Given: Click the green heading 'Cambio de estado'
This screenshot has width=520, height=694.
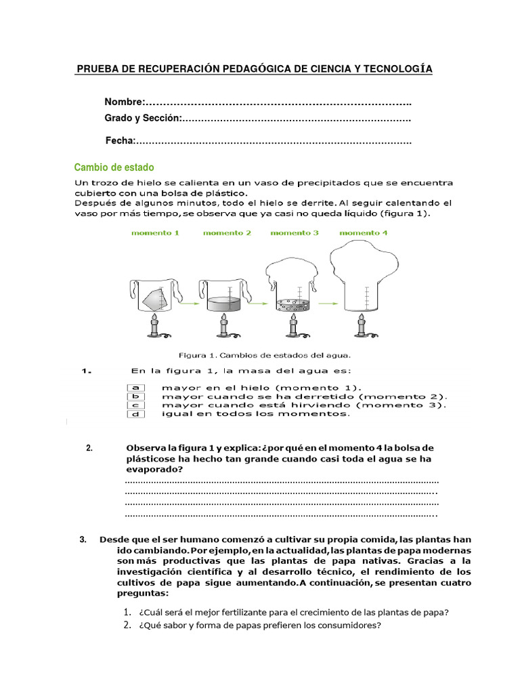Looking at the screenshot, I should pyautogui.click(x=114, y=167).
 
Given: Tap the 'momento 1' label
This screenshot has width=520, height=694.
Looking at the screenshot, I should pyautogui.click(x=155, y=233).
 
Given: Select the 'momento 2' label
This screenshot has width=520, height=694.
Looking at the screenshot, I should pyautogui.click(x=227, y=233).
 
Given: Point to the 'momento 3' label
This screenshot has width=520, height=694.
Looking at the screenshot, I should pyautogui.click(x=295, y=233).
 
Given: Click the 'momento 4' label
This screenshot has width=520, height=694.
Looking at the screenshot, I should pyautogui.click(x=364, y=233).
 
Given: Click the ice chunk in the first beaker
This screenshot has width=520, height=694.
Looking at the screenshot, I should pyautogui.click(x=153, y=297).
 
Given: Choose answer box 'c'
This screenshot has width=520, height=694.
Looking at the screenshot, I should pyautogui.click(x=135, y=405).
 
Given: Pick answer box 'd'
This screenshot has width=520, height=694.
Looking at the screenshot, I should pyautogui.click(x=135, y=413).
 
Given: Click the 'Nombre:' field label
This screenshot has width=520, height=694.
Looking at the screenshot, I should pyautogui.click(x=124, y=102).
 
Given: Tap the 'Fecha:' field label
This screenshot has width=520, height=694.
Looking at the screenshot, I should pyautogui.click(x=121, y=141).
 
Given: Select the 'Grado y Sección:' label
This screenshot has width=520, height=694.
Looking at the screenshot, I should pyautogui.click(x=143, y=119).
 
